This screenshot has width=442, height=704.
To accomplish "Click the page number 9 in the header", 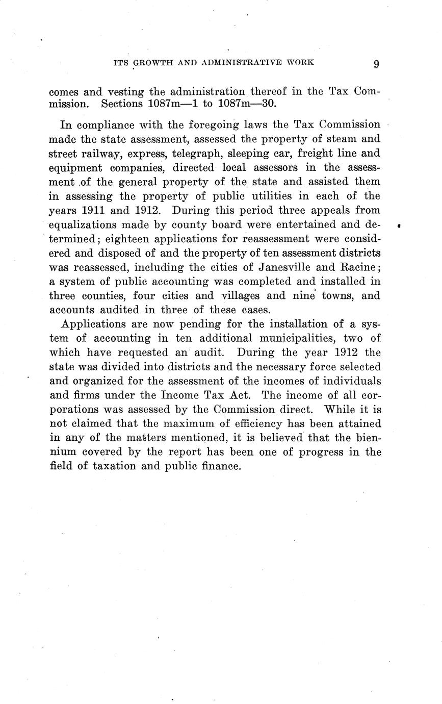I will coord(376,63).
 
